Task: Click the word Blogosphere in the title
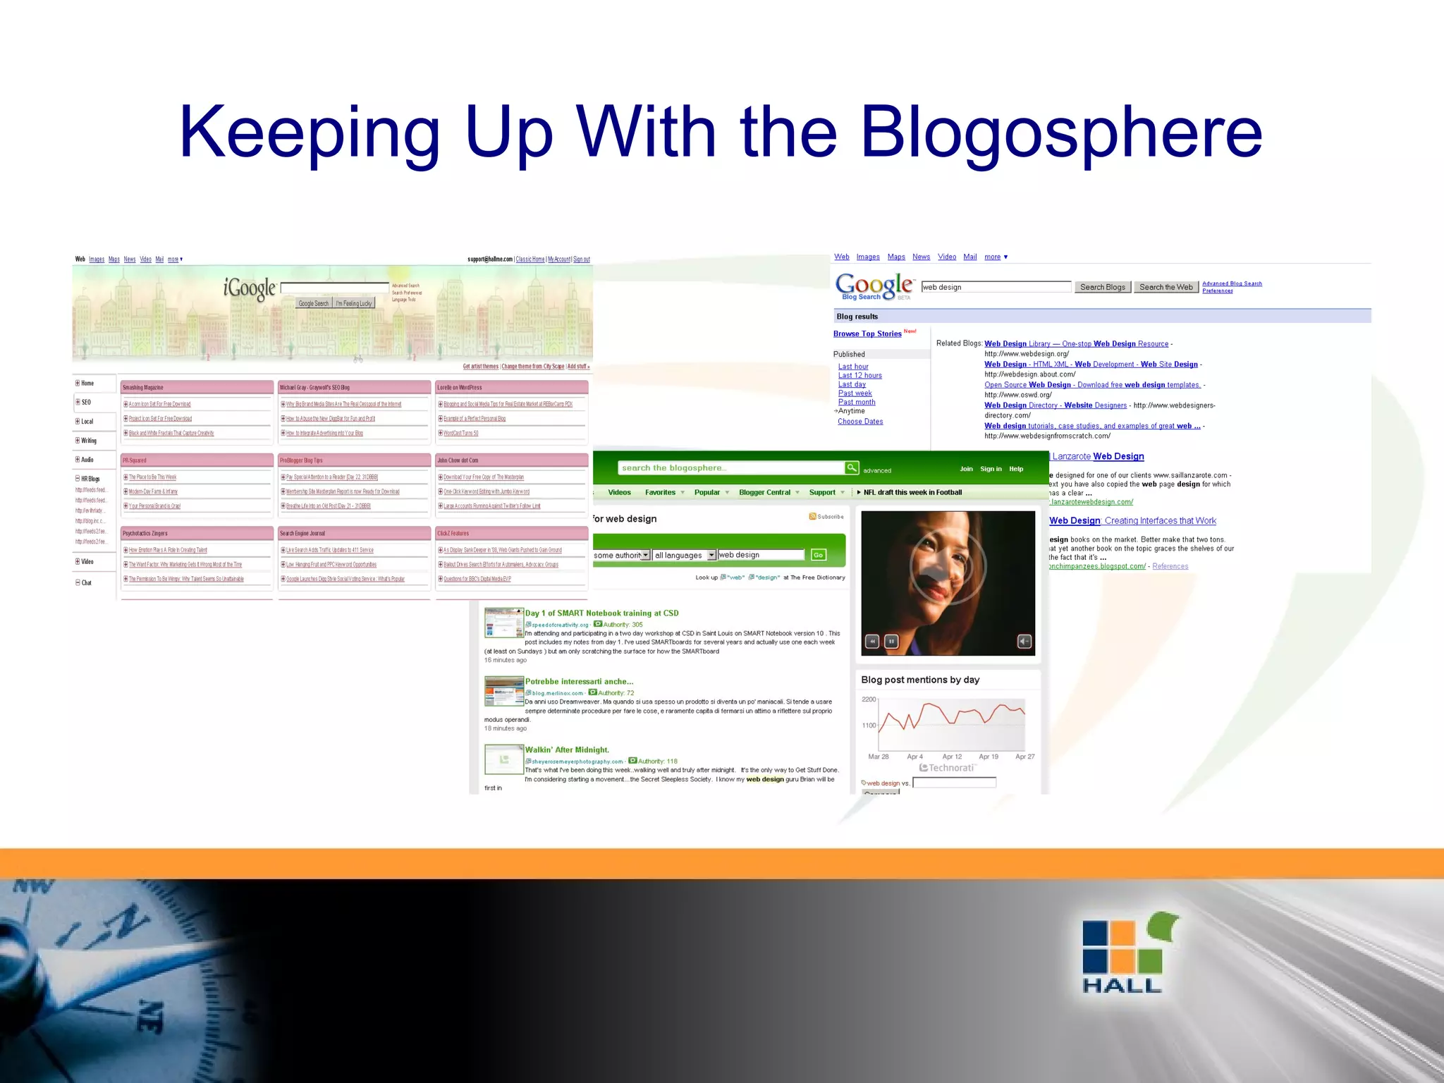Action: pos(1060,133)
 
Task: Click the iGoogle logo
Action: pos(250,288)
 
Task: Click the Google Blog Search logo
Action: pos(874,286)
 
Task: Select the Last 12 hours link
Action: pos(859,376)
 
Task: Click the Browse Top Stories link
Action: pos(867,334)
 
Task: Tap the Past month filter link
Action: pos(857,403)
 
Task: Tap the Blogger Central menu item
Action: pos(764,493)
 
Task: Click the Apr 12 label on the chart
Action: pos(952,757)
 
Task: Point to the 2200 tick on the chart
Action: pos(869,699)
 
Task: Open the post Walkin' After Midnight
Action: pos(567,750)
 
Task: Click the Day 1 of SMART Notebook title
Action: pos(601,613)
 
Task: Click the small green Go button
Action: pos(818,555)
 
